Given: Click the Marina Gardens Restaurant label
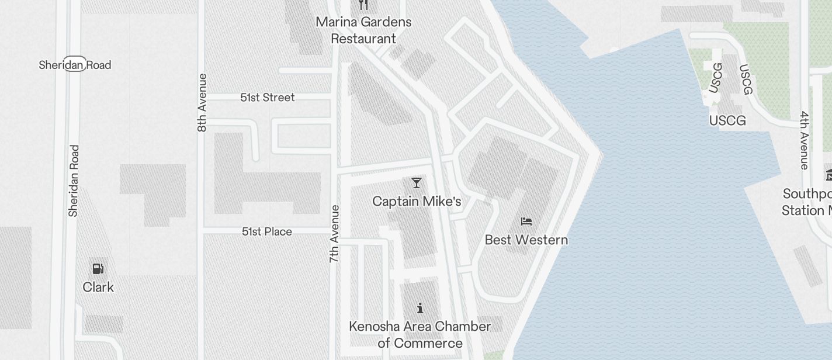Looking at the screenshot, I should pyautogui.click(x=363, y=30).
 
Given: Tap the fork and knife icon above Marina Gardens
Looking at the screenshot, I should pyautogui.click(x=363, y=5).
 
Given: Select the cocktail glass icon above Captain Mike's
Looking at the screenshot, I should pyautogui.click(x=416, y=183).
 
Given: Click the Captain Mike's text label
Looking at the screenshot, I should pyautogui.click(x=417, y=202).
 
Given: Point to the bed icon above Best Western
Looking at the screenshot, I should pyautogui.click(x=526, y=221).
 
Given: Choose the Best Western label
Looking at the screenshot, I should pyautogui.click(x=526, y=240).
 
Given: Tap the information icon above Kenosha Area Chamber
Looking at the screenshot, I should pyautogui.click(x=420, y=308).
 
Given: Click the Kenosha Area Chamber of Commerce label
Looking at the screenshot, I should pyautogui.click(x=420, y=334).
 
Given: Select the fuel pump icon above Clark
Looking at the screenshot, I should pyautogui.click(x=98, y=269).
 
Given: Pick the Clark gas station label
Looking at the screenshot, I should pyautogui.click(x=98, y=287).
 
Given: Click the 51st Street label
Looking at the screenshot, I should pyautogui.click(x=268, y=98).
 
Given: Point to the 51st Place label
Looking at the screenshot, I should pyautogui.click(x=267, y=232).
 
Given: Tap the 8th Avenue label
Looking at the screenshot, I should pyautogui.click(x=202, y=102).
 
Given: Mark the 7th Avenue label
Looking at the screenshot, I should pyautogui.click(x=334, y=233).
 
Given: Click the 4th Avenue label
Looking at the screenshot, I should pyautogui.click(x=805, y=140).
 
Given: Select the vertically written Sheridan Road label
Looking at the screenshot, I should pyautogui.click(x=74, y=181).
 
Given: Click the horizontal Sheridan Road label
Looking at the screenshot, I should pyautogui.click(x=75, y=65).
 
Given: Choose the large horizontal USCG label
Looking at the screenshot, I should pyautogui.click(x=727, y=121).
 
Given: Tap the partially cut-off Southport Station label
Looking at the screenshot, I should pyautogui.click(x=807, y=202).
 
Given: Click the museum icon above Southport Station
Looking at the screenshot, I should pyautogui.click(x=828, y=175).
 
